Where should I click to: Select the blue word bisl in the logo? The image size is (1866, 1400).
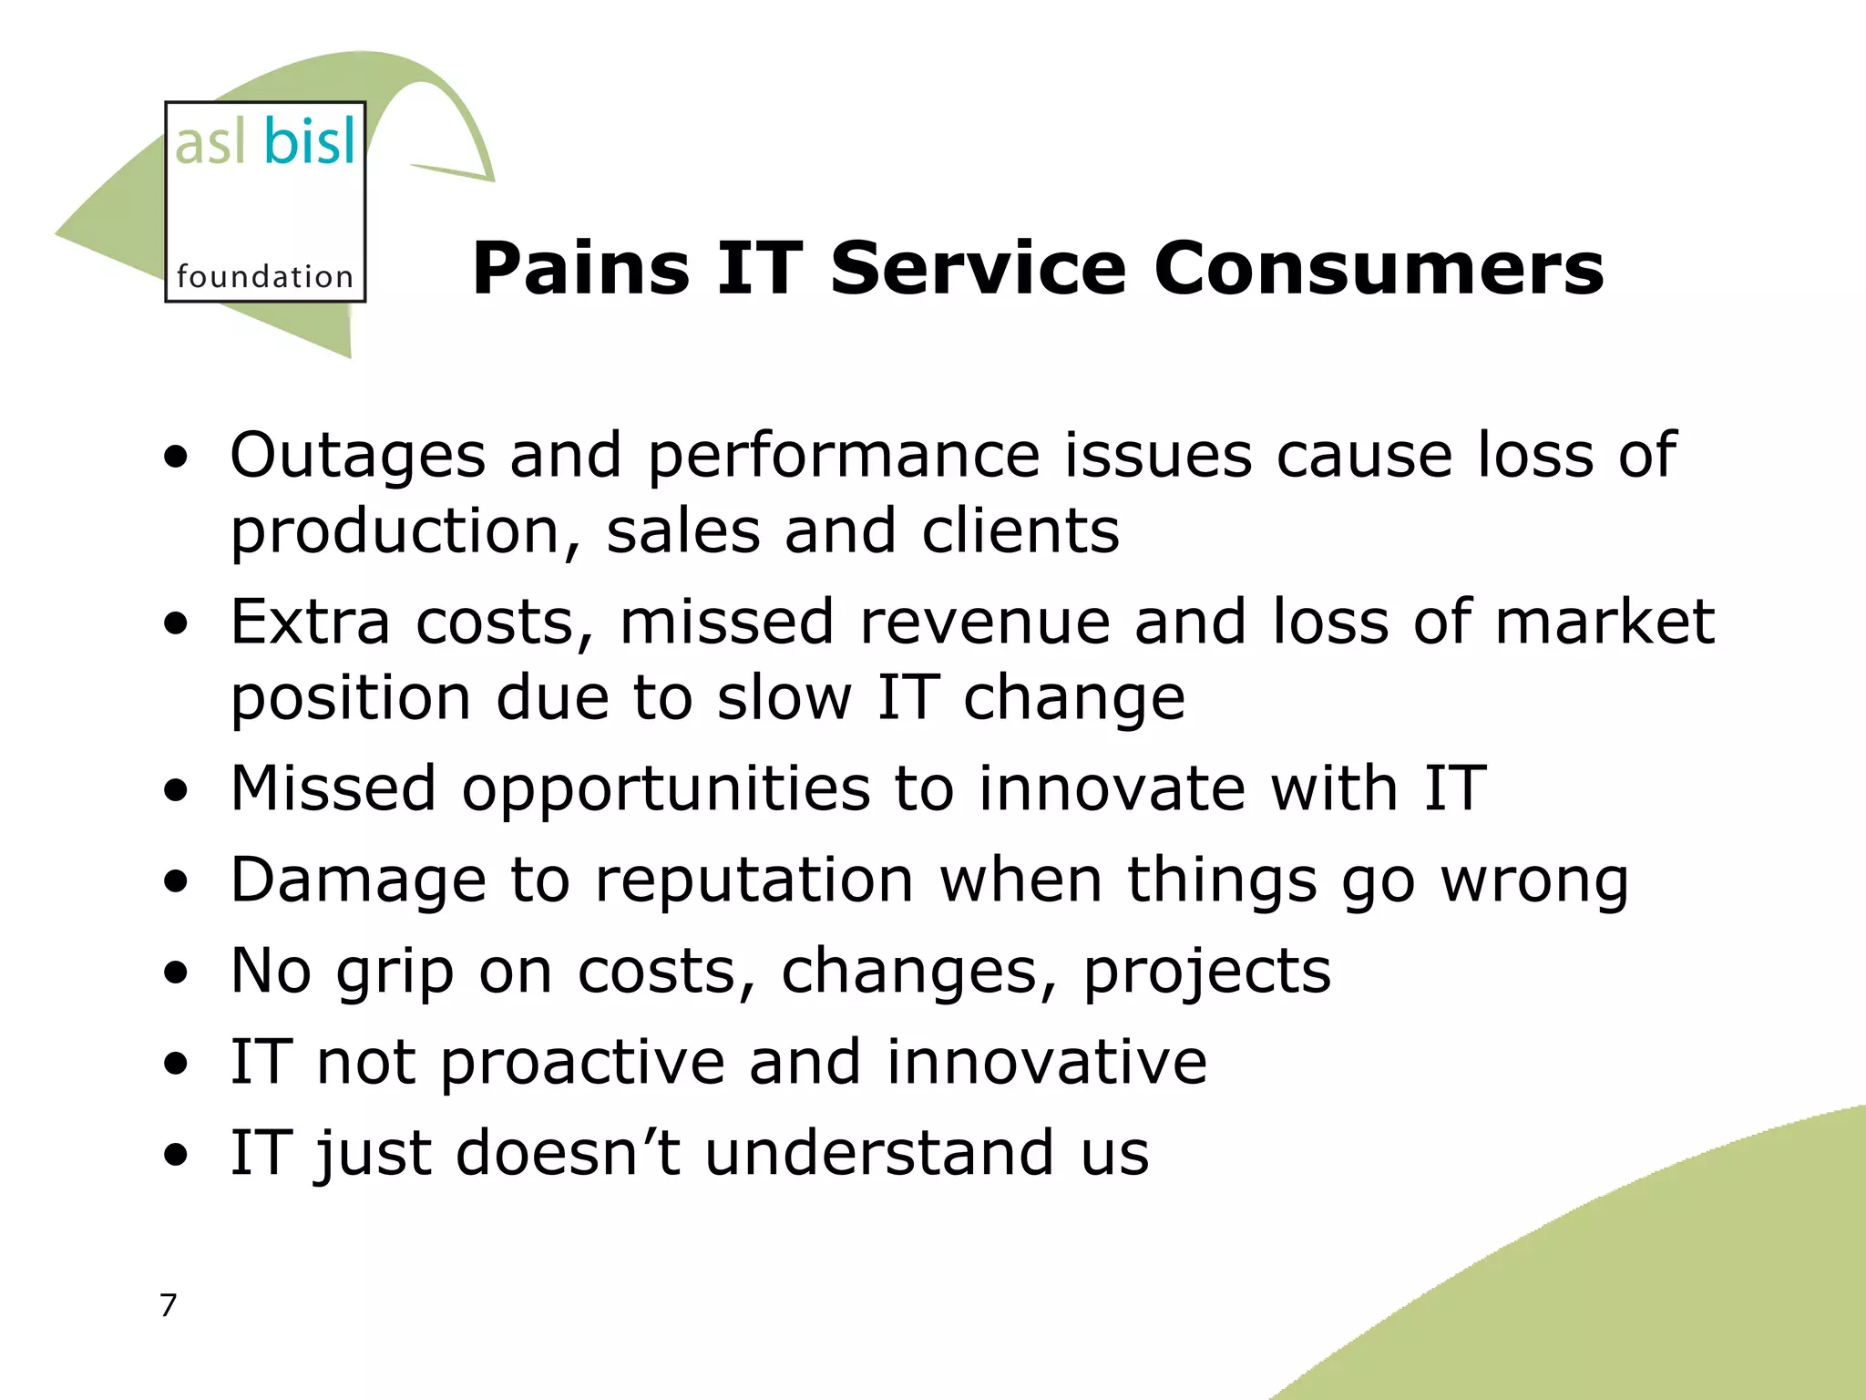point(310,143)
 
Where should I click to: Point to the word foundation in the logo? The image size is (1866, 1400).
point(264,276)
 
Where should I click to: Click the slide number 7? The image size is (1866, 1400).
point(168,1305)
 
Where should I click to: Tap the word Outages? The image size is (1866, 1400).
point(357,455)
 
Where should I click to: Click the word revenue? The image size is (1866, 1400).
point(984,622)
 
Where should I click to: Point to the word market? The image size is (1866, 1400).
point(1605,622)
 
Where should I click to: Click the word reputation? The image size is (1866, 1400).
point(754,880)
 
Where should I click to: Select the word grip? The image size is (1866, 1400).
point(395,973)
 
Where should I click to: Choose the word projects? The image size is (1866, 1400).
point(1206,972)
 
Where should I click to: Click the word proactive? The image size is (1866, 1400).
point(582,1063)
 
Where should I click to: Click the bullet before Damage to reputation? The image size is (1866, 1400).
point(176,882)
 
